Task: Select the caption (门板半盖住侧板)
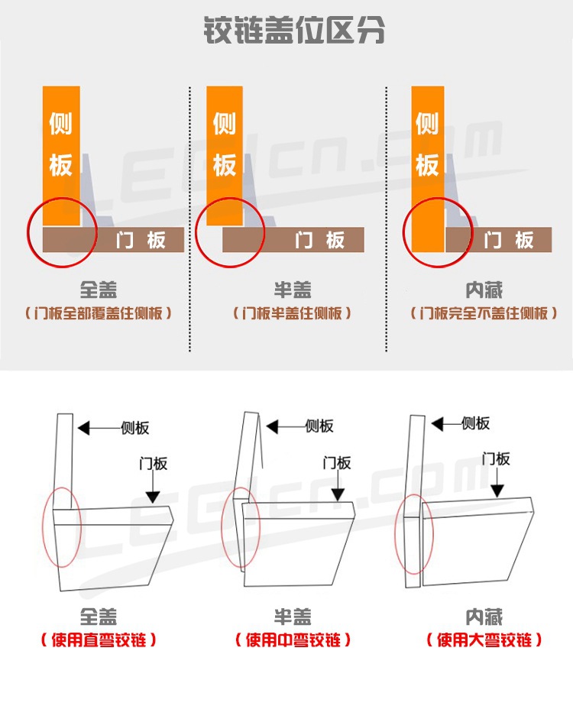[293, 313]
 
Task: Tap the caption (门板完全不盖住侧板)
[484, 313]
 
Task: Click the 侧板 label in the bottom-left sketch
[135, 428]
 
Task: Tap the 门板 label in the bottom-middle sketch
[337, 463]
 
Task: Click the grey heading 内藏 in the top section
[484, 290]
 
